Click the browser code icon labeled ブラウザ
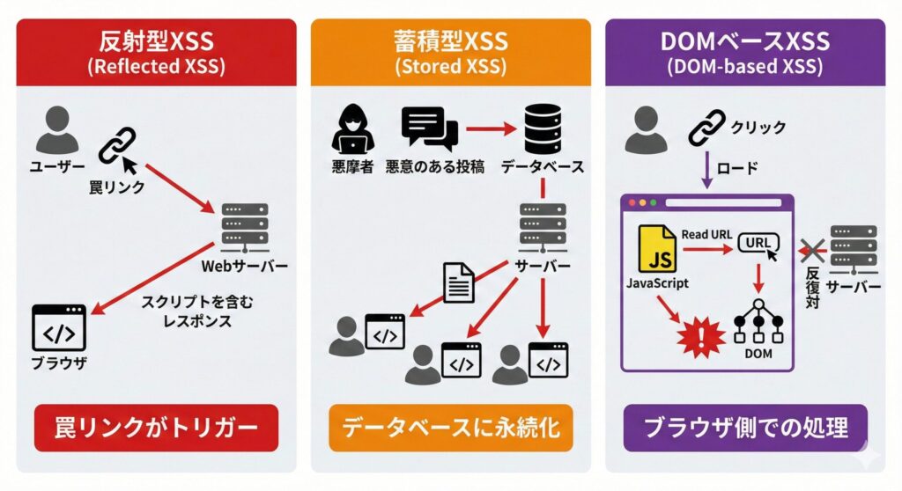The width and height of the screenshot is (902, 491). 59,328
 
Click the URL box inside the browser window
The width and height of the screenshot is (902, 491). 757,244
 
